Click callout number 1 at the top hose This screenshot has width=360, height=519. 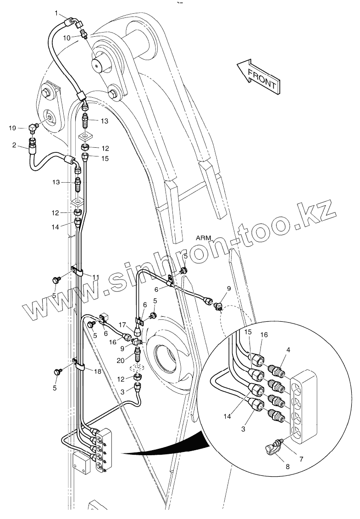point(58,14)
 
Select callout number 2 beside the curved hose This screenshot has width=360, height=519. point(14,145)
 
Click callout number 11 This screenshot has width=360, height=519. point(95,277)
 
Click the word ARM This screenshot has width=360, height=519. point(203,238)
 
